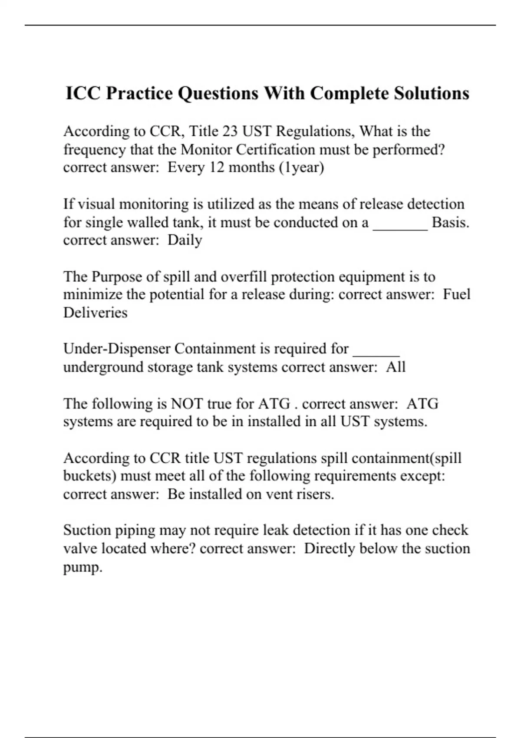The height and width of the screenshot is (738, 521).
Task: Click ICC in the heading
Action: (x=82, y=93)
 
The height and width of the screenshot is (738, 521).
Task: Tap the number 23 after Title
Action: (x=230, y=131)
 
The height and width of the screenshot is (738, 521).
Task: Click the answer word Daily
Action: (x=185, y=240)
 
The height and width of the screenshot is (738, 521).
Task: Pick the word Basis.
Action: (x=450, y=222)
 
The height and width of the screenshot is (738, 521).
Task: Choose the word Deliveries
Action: (x=95, y=313)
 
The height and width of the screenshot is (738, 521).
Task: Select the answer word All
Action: (x=396, y=367)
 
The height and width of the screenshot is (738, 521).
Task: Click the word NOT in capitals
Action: (x=187, y=404)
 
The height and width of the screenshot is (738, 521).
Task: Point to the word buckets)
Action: (x=89, y=476)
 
